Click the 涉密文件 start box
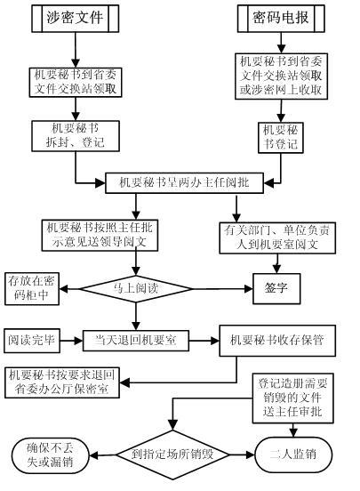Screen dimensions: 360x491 76,18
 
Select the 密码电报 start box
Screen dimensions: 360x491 281,18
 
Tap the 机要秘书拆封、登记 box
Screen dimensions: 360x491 76,136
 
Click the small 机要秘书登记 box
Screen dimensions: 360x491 281,137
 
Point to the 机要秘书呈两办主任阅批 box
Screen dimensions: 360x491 184,182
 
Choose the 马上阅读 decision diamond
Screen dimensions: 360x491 136,289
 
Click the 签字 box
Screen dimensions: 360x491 276,288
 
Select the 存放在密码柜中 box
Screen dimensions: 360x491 32,289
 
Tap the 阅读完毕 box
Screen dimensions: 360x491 32,340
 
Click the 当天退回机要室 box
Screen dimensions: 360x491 136,341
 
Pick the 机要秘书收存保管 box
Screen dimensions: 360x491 277,341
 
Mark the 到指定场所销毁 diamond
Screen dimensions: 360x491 172,455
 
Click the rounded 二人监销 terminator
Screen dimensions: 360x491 293,455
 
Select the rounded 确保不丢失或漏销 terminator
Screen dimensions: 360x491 51,455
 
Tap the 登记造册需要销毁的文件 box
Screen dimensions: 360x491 293,398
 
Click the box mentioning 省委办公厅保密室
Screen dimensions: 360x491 62,382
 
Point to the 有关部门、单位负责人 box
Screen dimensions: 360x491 277,238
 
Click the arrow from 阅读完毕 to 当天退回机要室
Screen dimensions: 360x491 71,341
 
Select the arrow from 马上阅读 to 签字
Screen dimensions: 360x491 222,289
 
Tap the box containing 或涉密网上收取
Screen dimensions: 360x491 281,76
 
